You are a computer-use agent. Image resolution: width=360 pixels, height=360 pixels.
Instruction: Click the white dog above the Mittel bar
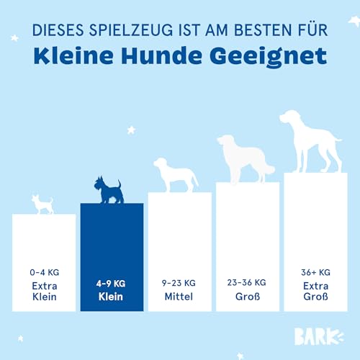[175, 175]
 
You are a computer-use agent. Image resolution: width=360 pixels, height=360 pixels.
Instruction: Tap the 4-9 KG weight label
[112, 284]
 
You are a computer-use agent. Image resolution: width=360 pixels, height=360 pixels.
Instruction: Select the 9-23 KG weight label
[179, 283]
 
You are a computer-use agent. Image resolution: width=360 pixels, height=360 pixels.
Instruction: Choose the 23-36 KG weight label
[247, 282]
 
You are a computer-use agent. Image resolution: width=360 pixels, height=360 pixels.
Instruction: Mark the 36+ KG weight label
[315, 272]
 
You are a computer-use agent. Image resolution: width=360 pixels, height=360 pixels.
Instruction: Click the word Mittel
[179, 296]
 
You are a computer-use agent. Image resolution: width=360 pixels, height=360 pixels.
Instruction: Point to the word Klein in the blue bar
[112, 297]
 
